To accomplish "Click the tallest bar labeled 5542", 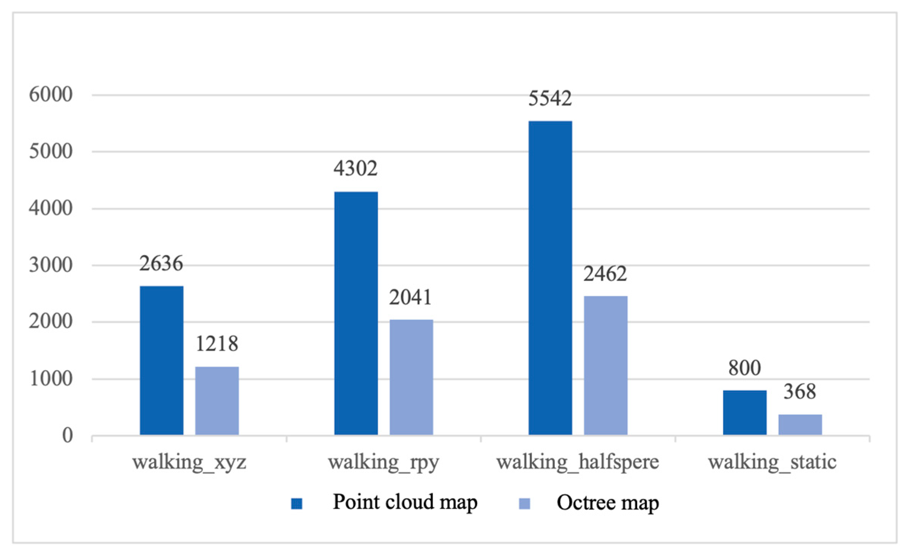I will (550, 278).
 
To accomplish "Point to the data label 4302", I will (355, 168).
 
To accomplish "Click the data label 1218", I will (217, 343).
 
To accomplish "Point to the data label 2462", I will (605, 274).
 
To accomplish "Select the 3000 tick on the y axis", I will (51, 265).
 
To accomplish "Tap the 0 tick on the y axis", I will (68, 435).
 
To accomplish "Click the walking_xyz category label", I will (189, 462).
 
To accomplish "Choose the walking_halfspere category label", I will (578, 462).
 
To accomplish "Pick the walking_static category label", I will (772, 462).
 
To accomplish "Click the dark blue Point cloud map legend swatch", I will (297, 503).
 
